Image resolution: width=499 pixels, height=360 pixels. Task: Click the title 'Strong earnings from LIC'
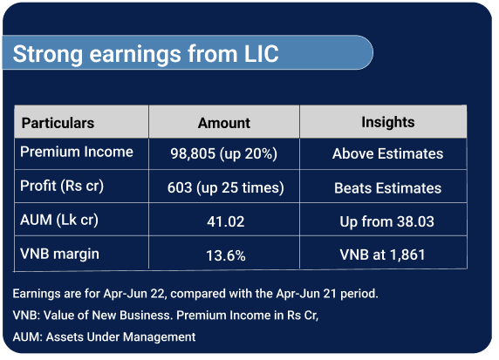click(x=146, y=54)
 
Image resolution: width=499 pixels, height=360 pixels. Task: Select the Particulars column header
click(x=58, y=123)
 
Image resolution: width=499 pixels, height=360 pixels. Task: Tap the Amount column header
click(x=224, y=123)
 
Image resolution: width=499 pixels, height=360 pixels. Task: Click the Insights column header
click(x=388, y=122)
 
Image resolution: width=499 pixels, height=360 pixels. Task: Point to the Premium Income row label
click(x=77, y=152)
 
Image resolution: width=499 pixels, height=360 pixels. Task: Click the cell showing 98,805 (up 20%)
click(x=224, y=154)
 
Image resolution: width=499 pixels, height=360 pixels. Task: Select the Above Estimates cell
click(x=387, y=154)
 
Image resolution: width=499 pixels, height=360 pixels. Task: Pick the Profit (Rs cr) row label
click(x=62, y=186)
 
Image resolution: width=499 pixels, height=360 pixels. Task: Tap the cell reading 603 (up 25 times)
click(x=226, y=187)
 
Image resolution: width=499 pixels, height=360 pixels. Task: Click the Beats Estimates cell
click(x=387, y=188)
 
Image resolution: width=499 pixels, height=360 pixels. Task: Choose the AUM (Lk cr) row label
click(x=59, y=220)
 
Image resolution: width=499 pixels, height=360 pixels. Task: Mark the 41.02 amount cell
click(x=226, y=221)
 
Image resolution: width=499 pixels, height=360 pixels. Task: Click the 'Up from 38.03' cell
click(x=387, y=221)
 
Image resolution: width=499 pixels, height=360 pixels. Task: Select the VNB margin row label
click(x=60, y=255)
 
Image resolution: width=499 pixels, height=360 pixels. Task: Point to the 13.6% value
click(x=226, y=255)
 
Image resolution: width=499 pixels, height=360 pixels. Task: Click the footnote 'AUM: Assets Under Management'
click(x=105, y=336)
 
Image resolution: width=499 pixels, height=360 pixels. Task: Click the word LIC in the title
click(x=261, y=54)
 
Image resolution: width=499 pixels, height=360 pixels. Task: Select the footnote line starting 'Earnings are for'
click(x=195, y=294)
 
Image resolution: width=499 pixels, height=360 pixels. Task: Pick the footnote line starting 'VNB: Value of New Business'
click(x=166, y=316)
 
